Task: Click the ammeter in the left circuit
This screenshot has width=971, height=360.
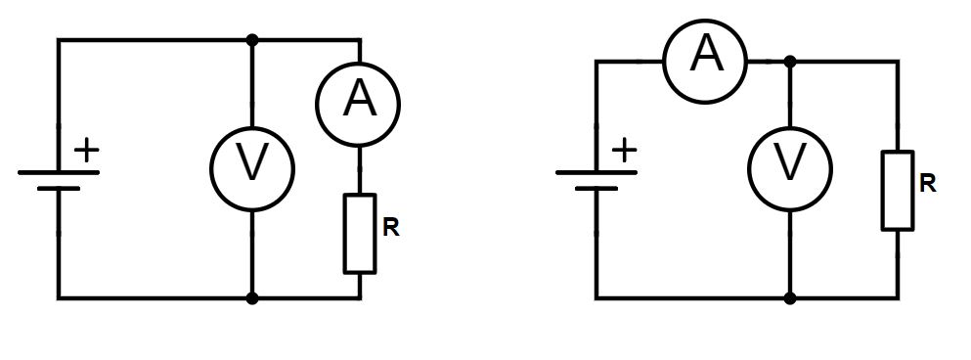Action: tap(358, 104)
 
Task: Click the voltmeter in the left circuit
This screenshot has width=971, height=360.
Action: tap(252, 168)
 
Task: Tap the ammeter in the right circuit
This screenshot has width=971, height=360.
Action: tap(705, 62)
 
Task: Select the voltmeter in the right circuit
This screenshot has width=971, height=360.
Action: tap(789, 168)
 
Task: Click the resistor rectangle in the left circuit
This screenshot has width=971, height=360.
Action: tap(360, 234)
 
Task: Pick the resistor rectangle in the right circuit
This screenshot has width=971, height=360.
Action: tap(898, 191)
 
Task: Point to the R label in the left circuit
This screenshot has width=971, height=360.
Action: tap(391, 228)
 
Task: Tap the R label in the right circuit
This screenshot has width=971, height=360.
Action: tap(928, 183)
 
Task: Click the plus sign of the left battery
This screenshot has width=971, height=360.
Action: tap(87, 150)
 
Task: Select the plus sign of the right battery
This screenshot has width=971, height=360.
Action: tap(624, 150)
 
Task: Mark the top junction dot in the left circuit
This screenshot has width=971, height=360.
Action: tap(252, 40)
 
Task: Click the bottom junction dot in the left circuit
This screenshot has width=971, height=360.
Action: tap(252, 298)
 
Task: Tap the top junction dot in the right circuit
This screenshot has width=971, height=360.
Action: tap(789, 62)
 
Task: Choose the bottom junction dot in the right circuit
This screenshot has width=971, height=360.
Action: tap(789, 298)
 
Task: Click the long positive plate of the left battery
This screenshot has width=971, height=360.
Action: tap(59, 172)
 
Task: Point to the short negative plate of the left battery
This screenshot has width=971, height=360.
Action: tap(59, 188)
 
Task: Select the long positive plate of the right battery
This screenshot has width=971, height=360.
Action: tap(596, 172)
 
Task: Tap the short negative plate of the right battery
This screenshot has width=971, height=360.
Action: tap(596, 188)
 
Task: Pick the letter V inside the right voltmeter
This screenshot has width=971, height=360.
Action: tap(789, 162)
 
